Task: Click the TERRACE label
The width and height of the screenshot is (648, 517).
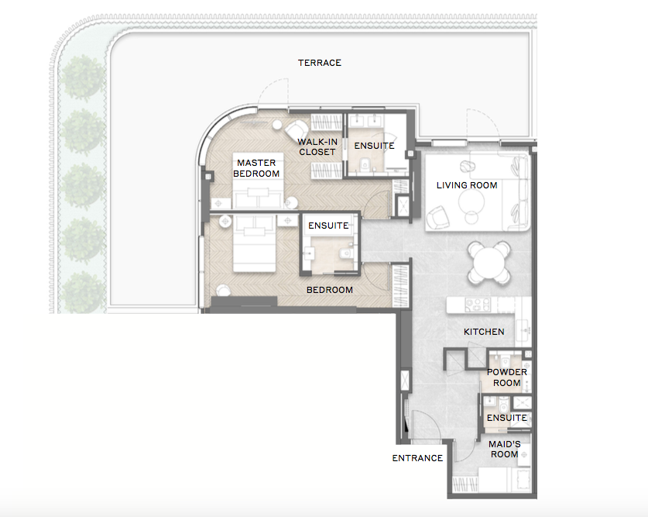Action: pos(320,63)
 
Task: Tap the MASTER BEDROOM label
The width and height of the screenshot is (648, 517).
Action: pos(256,168)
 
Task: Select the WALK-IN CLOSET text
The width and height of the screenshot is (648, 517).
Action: pos(317,146)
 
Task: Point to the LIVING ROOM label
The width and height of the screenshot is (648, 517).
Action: pos(467,185)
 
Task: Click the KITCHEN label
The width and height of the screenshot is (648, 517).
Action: pos(484,332)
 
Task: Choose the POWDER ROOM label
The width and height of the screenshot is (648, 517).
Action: pos(506,377)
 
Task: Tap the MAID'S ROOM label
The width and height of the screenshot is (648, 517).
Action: pos(505,449)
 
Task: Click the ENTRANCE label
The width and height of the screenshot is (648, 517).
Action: pos(417,458)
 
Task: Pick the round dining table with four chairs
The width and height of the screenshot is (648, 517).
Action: pos(489,263)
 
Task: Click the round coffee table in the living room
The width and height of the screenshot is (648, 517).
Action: pos(471,202)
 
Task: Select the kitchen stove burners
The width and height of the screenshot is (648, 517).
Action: pos(478,305)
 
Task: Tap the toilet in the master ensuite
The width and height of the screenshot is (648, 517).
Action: pos(365,165)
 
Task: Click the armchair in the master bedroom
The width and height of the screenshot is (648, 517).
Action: pos(297,130)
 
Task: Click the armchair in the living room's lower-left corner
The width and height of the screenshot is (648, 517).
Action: pos(437,217)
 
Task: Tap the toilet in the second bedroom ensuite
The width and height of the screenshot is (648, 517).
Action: pos(346,253)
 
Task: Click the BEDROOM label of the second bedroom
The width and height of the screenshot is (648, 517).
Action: pos(330,290)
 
